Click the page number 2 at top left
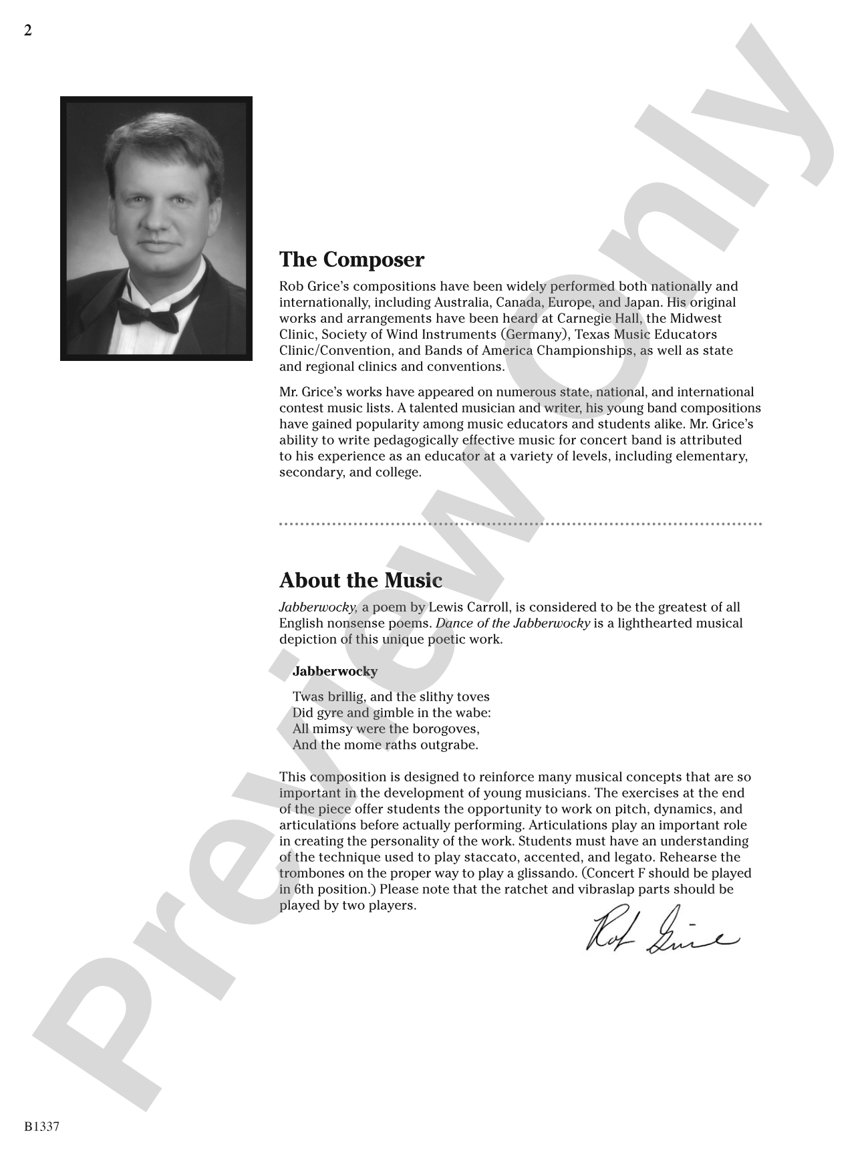(x=28, y=31)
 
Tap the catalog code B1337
(x=41, y=1126)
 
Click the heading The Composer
(x=351, y=259)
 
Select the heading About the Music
(x=360, y=580)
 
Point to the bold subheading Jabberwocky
(x=335, y=671)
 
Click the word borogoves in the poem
(x=447, y=729)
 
